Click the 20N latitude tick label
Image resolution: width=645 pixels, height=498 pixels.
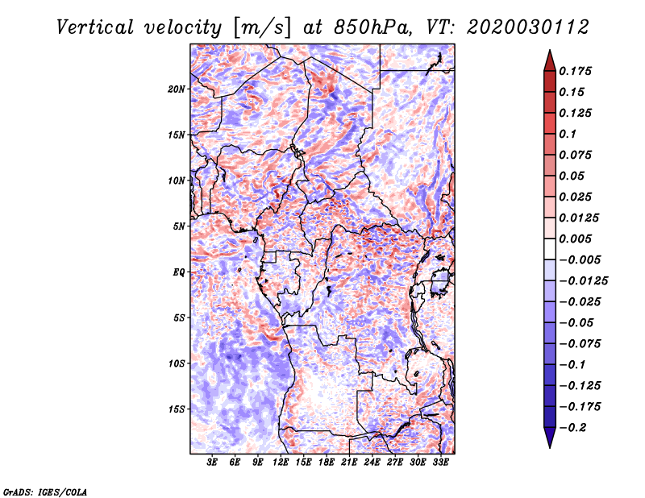click(177, 89)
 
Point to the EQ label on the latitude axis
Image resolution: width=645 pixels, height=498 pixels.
click(179, 272)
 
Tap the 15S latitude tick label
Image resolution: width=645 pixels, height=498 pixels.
click(177, 409)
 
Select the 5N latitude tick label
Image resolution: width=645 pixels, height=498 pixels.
click(179, 226)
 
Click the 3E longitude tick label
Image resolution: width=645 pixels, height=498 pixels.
click(212, 463)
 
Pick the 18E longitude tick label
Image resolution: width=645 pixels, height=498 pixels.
click(327, 463)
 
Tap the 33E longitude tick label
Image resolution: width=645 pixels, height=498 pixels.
click(440, 463)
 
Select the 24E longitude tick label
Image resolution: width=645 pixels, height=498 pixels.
click(372, 463)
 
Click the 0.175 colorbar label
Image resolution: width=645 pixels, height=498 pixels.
click(575, 71)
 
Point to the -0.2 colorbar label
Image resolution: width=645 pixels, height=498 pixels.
click(573, 428)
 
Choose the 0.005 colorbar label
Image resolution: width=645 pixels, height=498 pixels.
click(575, 239)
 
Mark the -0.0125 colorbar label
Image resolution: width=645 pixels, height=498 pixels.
click(584, 281)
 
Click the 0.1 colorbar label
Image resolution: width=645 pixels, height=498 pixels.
click(568, 134)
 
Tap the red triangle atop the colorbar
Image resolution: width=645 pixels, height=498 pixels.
click(550, 60)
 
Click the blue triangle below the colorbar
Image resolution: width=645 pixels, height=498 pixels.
click(550, 438)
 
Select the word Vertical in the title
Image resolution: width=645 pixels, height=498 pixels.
click(95, 27)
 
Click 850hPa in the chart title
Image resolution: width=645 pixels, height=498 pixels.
click(372, 27)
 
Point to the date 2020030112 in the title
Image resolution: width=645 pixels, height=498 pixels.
click(528, 27)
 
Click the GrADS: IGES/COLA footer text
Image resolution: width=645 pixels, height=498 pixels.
click(45, 492)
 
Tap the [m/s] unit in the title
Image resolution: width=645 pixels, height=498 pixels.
click(261, 28)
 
